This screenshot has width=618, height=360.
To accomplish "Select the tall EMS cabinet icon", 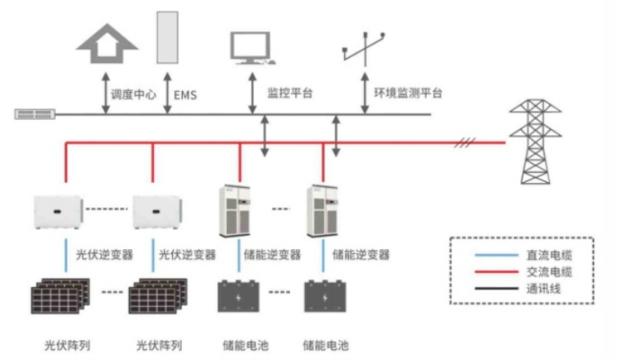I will [167, 38].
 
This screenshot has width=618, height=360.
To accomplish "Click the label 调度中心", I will [134, 93].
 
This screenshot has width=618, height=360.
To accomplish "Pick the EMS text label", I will [185, 93].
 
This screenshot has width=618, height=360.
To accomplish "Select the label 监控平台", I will [290, 93].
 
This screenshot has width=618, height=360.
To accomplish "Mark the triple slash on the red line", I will [466, 143].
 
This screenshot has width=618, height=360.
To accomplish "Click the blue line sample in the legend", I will [492, 256].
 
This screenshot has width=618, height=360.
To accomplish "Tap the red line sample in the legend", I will [492, 272].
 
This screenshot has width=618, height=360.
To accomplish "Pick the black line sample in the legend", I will [492, 289].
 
